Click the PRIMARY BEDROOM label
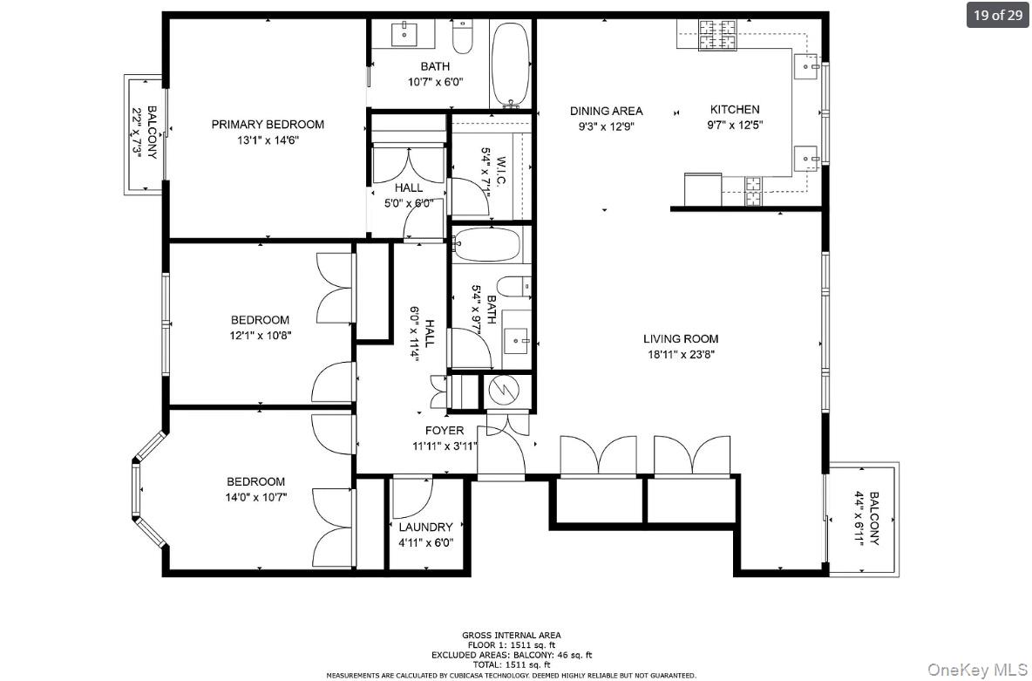coord(268,125)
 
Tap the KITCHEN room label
coord(734,110)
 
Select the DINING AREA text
coord(606,111)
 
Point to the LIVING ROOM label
coord(681,339)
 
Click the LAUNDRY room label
coord(425,528)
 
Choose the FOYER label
coord(444,431)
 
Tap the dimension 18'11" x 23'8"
coord(681,355)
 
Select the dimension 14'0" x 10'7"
coord(256,497)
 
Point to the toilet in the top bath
coord(463,37)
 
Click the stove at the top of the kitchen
coord(716,37)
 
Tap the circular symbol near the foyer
coord(501,390)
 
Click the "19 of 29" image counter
coord(997,15)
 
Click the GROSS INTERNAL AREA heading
coord(511,635)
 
